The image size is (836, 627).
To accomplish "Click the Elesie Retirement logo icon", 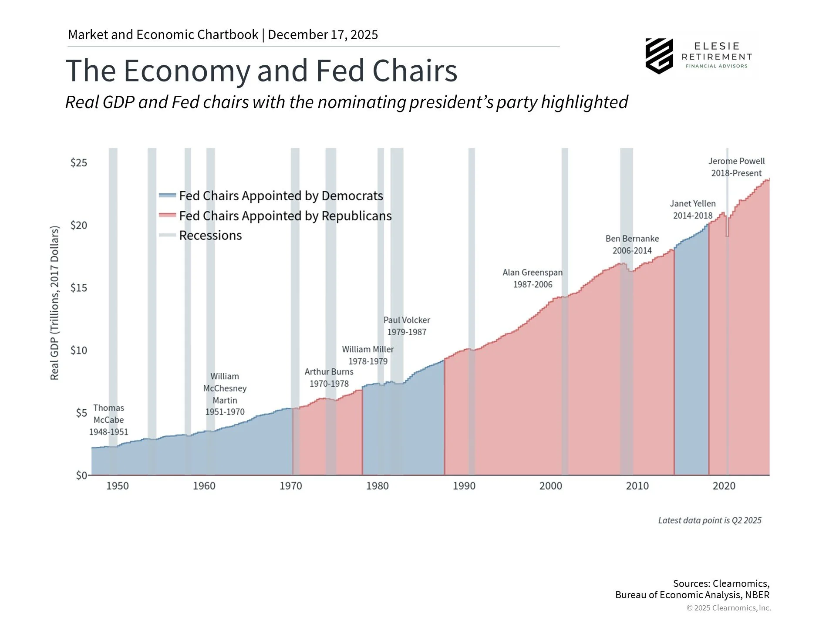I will pyautogui.click(x=659, y=56).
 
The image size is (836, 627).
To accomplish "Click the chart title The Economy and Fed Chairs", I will pyautogui.click(x=261, y=71).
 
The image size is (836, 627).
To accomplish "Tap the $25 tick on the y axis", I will pyautogui.click(x=79, y=163).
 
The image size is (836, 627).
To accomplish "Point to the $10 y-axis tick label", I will pyautogui.click(x=79, y=351).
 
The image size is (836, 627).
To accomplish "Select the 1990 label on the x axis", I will pyautogui.click(x=464, y=486).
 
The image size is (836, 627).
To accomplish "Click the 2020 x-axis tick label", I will pyautogui.click(x=724, y=486).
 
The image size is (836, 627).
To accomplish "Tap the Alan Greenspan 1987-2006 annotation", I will pyautogui.click(x=533, y=279).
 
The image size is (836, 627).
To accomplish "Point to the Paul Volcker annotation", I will pyautogui.click(x=407, y=326).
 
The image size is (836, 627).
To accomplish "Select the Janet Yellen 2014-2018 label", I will pyautogui.click(x=692, y=209).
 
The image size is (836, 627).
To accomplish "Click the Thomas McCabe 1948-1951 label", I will pyautogui.click(x=109, y=420).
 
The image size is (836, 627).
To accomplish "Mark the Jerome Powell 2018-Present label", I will pyautogui.click(x=736, y=167).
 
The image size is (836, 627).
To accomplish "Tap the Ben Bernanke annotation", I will pyautogui.click(x=632, y=245).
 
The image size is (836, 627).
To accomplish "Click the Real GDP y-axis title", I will pyautogui.click(x=54, y=303).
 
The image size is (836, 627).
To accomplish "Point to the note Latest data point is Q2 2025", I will pyautogui.click(x=710, y=520).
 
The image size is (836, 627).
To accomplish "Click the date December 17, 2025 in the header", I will pyautogui.click(x=323, y=35).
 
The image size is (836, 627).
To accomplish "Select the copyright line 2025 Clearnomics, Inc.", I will pyautogui.click(x=728, y=608).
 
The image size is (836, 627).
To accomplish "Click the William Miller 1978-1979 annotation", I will pyautogui.click(x=368, y=355).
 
